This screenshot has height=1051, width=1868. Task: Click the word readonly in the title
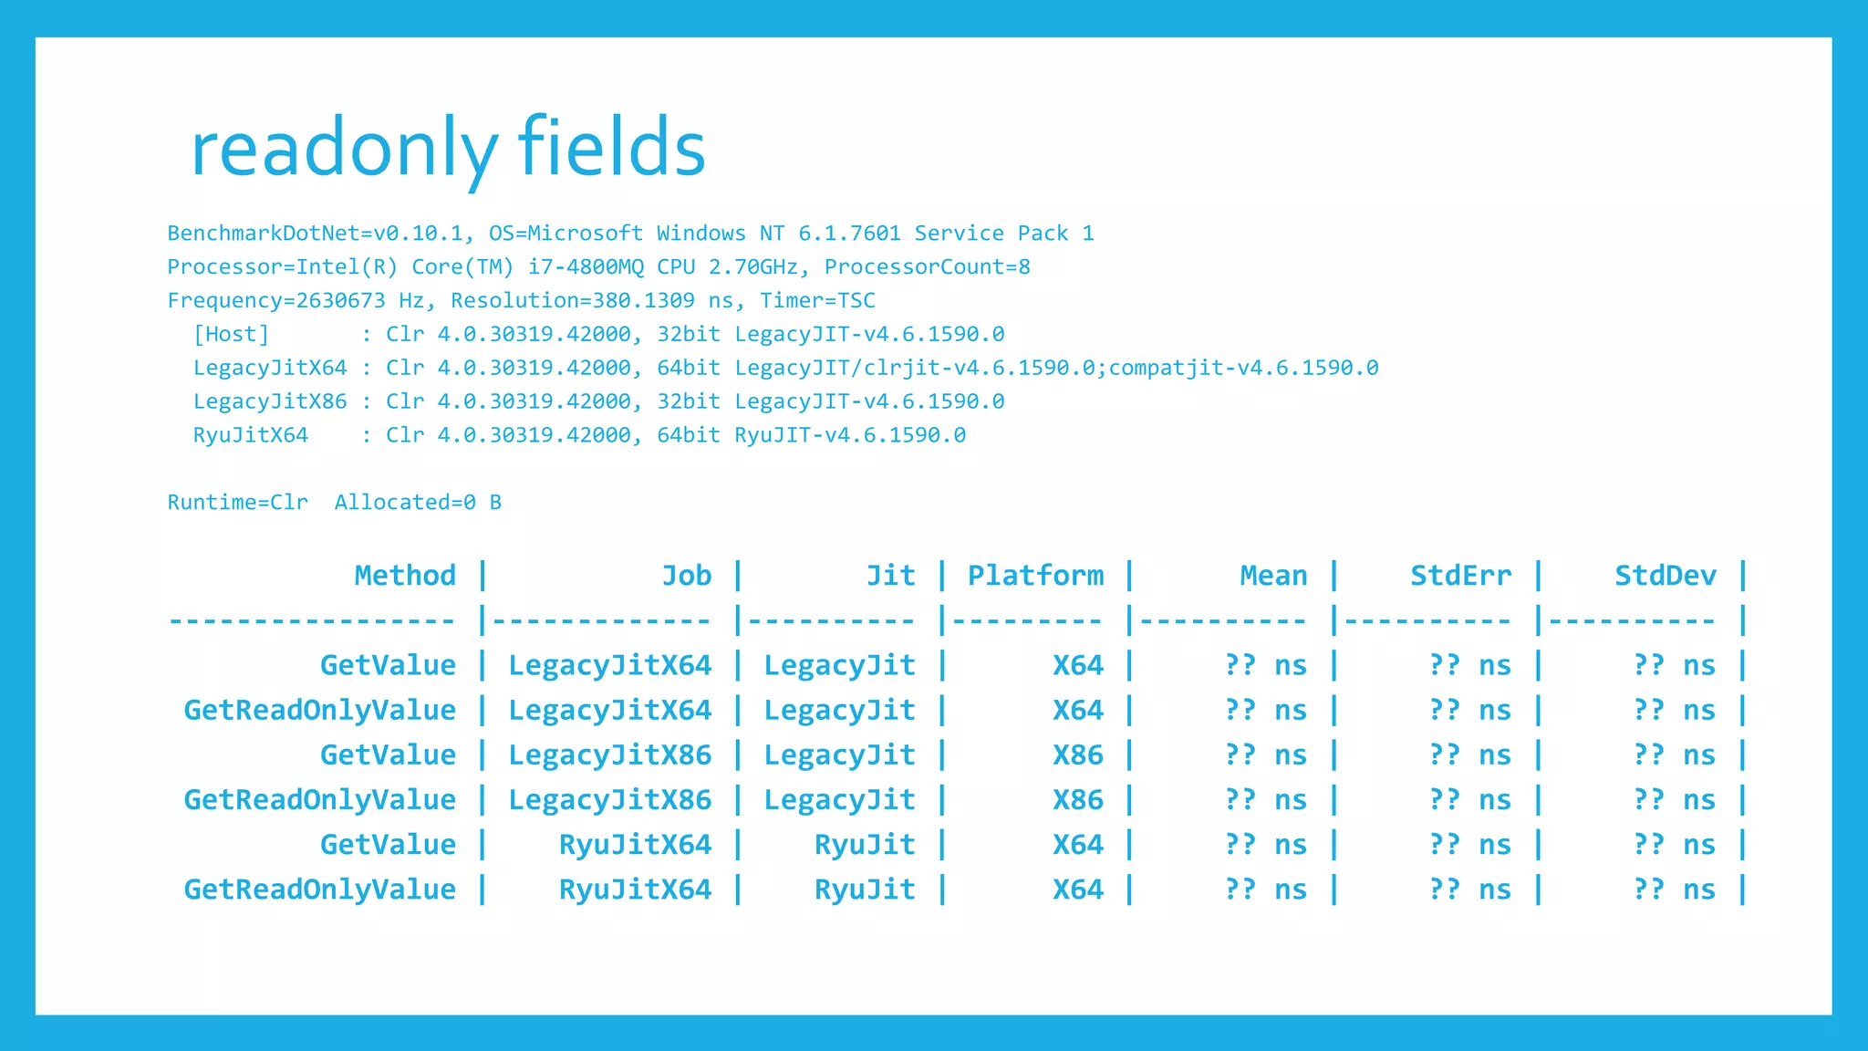344,149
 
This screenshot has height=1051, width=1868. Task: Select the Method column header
405,576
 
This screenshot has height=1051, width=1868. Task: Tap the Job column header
686,576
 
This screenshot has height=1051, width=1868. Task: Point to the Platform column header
1035,576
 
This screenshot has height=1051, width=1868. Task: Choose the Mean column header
1273,576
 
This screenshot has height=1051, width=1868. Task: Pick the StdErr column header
1460,576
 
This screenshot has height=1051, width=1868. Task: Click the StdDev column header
1666,576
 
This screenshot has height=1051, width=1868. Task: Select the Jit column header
890,576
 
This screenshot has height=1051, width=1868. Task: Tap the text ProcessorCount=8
927,267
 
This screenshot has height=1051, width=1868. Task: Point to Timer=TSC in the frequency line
817,301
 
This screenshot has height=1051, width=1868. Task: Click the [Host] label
232,335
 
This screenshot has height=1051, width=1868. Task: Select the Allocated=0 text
405,503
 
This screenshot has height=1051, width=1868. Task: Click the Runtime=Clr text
238,503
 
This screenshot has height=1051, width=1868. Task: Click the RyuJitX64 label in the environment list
251,435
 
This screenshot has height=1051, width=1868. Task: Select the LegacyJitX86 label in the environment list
270,401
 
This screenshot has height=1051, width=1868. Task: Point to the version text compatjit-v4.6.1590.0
1243,368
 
